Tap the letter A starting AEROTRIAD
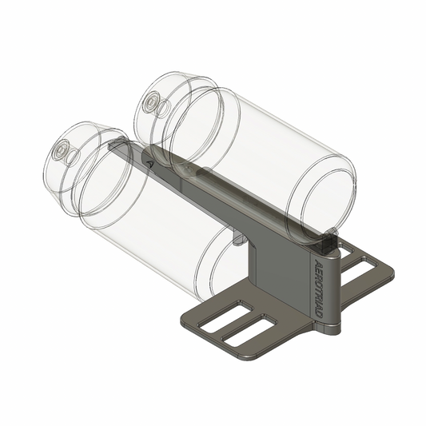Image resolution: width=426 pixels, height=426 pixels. coord(320,265)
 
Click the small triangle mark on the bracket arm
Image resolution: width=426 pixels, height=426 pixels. coord(150,161)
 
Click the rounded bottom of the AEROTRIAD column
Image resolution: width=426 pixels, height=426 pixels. coord(327,328)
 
